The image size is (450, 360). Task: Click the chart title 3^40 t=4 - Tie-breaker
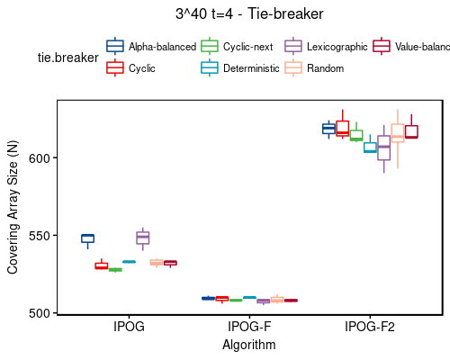(x=249, y=14)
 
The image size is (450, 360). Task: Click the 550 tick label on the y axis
(x=42, y=236)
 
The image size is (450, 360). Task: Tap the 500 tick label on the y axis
(x=42, y=313)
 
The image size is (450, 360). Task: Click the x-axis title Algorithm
(x=249, y=345)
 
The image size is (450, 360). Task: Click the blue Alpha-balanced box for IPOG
(x=87, y=238)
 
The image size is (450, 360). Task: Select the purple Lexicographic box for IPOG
(x=142, y=238)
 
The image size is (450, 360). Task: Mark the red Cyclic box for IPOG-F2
(x=342, y=128)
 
